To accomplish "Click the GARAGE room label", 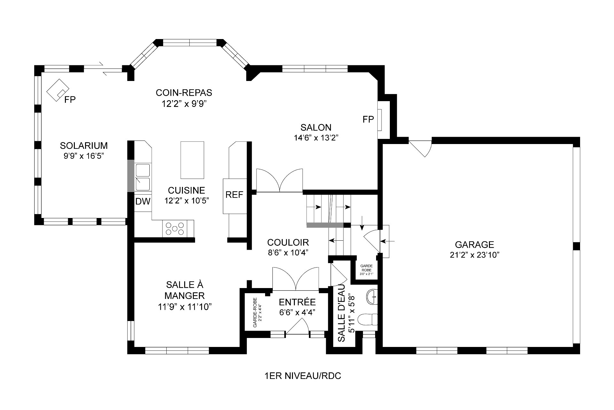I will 474,245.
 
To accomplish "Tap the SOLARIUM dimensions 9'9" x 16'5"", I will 84,156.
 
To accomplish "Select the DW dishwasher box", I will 143,202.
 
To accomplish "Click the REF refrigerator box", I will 234,195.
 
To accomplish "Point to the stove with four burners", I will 175,229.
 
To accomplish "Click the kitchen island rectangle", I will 192,160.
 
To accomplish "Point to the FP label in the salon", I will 368,119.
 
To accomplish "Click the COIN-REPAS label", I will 184,93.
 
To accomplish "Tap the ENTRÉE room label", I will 297,302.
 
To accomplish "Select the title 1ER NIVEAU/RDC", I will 303,376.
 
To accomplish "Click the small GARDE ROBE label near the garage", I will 366,268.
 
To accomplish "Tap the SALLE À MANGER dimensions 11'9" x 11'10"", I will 185,307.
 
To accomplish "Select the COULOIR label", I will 288,242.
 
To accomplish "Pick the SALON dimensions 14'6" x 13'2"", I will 316,138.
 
